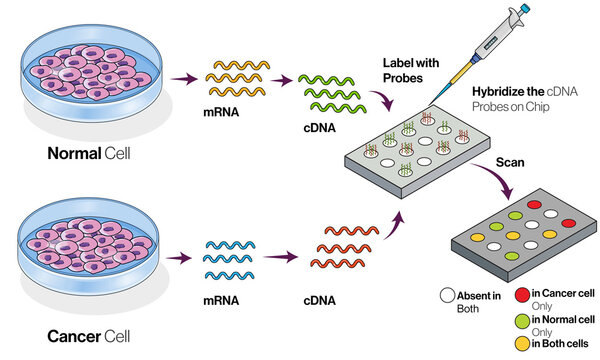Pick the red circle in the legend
click(521, 294)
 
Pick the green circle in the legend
click(521, 319)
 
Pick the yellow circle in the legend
click(521, 344)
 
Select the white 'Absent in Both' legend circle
click(449, 296)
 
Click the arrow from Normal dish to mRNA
click(182, 76)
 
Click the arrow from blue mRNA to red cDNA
click(288, 257)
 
